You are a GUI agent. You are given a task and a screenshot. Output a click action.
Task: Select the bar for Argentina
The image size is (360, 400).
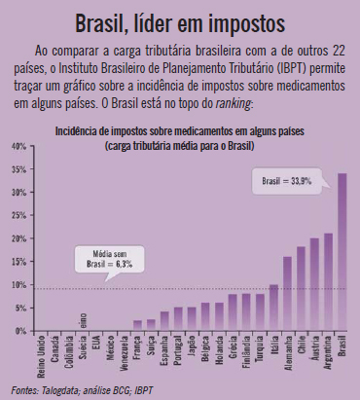(x=328, y=282)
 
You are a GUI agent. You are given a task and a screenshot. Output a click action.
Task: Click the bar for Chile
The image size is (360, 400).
(x=301, y=289)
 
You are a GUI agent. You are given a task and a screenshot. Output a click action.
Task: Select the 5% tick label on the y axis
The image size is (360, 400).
(x=18, y=308)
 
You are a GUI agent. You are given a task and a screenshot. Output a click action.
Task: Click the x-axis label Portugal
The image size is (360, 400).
(x=178, y=354)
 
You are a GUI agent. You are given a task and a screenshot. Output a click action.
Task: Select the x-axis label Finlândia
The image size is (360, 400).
(x=246, y=356)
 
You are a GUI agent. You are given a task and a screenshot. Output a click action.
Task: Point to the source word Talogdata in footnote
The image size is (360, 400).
(x=60, y=390)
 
